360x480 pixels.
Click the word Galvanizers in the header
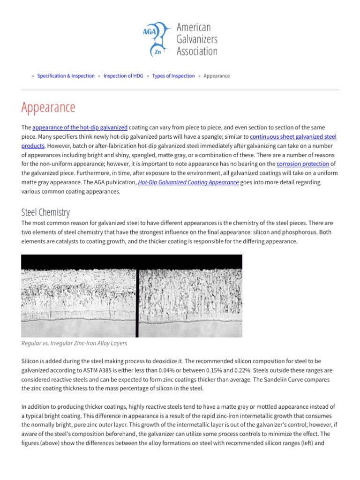[196, 39]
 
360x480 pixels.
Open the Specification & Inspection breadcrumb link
[66, 76]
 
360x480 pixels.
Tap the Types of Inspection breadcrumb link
[173, 76]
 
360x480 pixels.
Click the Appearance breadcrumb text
[217, 76]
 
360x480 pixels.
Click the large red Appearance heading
[48, 107]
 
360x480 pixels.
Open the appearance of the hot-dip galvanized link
[80, 127]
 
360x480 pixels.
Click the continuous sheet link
[272, 136]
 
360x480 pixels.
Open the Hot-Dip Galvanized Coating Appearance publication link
[188, 182]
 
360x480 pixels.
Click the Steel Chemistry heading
[45, 212]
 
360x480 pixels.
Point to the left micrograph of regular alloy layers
[78, 296]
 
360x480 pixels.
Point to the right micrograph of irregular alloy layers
[190, 296]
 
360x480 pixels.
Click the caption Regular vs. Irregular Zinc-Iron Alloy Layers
[74, 343]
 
